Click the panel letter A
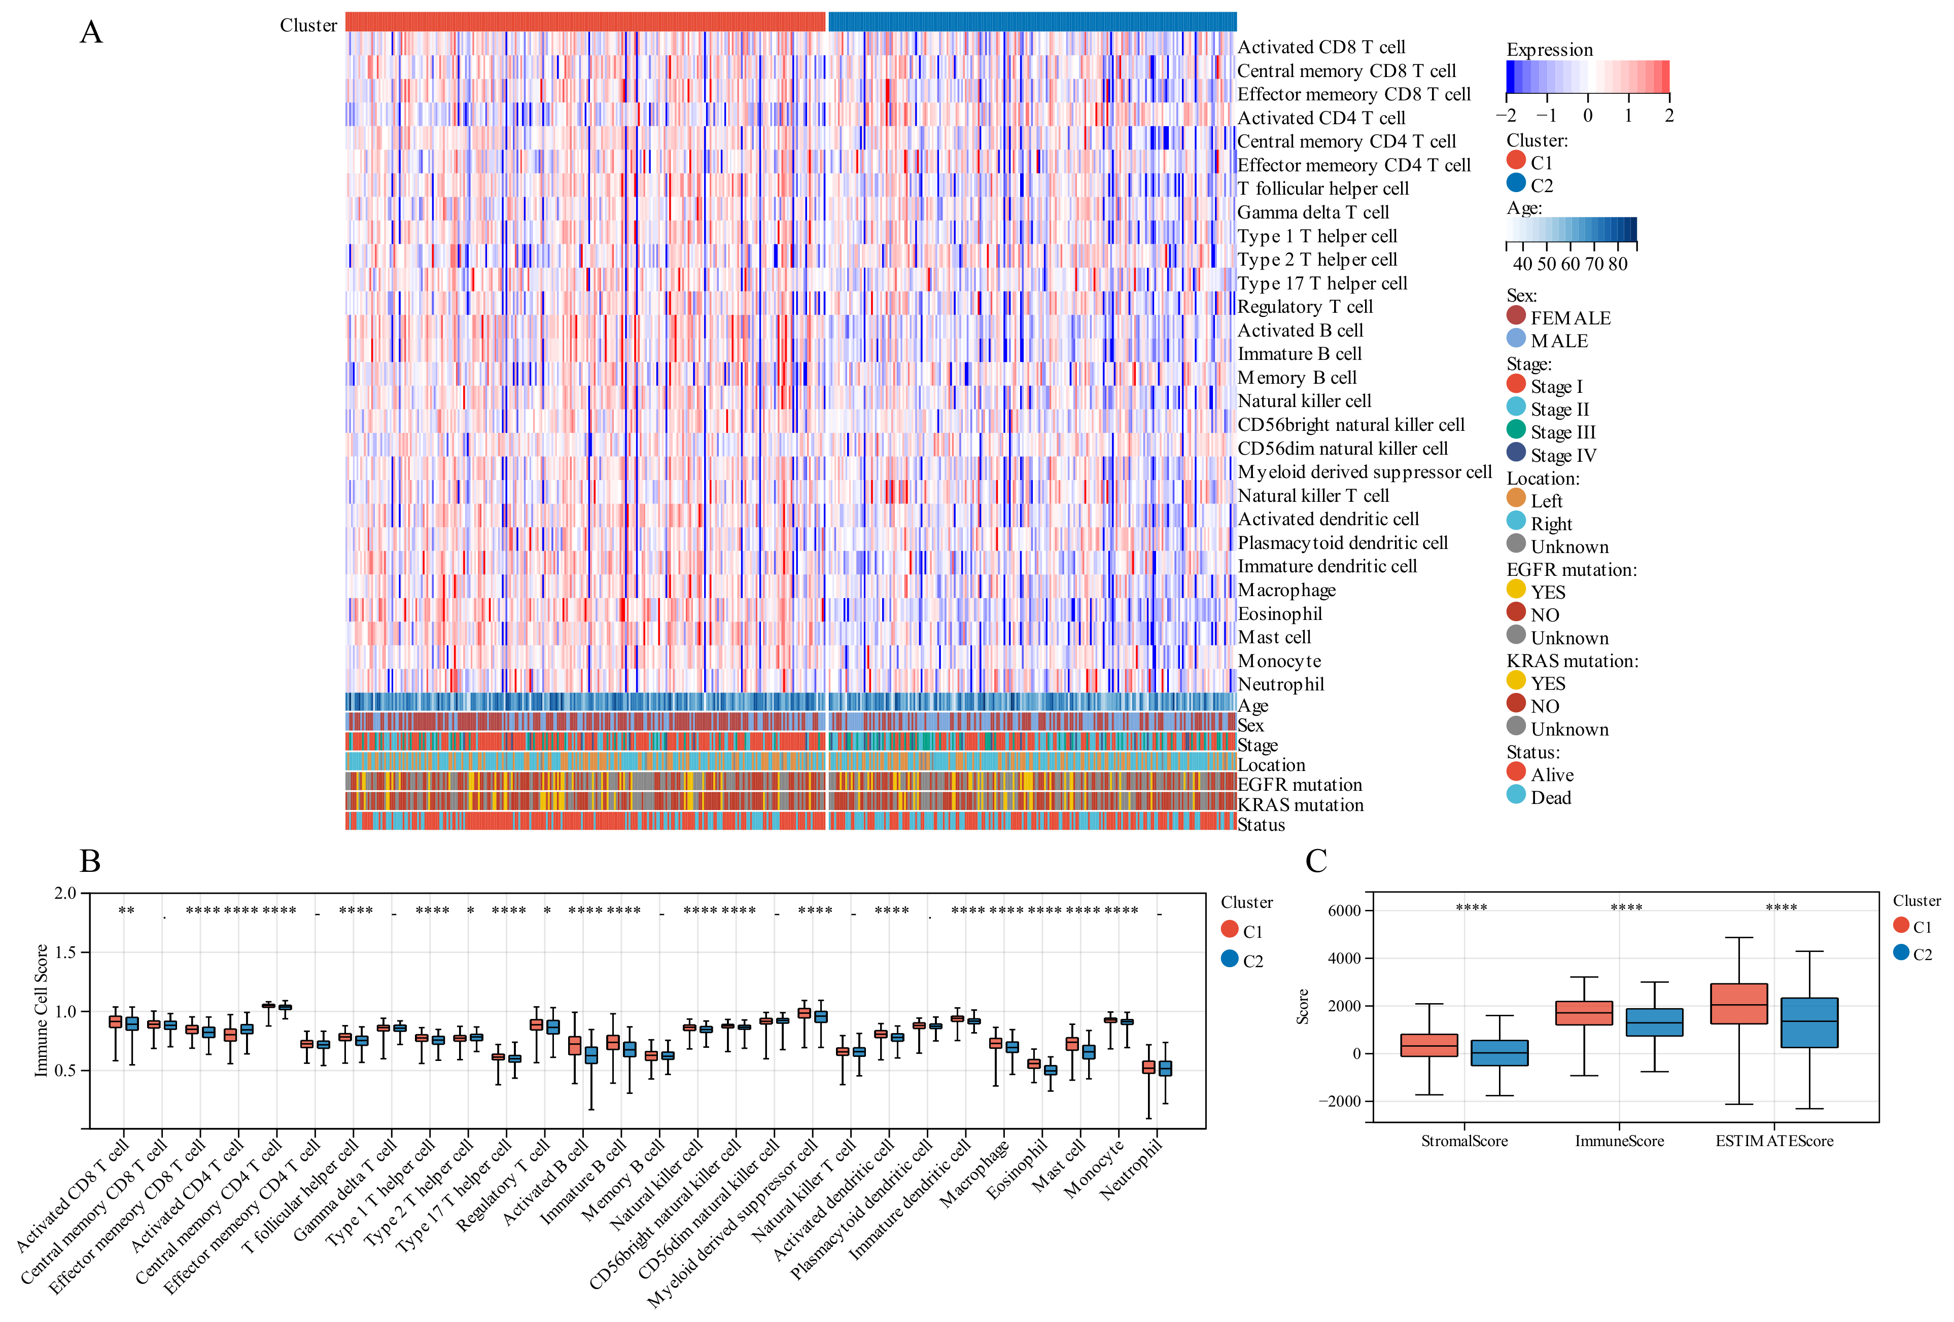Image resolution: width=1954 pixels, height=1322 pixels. point(91,33)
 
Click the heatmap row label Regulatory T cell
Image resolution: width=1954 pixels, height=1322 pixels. point(1304,307)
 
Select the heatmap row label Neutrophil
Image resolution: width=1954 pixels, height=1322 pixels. point(1280,684)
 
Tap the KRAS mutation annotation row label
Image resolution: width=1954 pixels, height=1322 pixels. point(1300,805)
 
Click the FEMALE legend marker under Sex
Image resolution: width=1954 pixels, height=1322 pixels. point(1516,316)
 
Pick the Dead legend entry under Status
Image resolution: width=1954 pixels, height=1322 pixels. point(1550,797)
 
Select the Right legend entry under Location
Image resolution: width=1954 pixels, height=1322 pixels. point(1550,524)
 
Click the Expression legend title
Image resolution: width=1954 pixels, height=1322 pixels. point(1549,50)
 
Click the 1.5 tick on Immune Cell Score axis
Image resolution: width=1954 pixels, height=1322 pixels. point(65,952)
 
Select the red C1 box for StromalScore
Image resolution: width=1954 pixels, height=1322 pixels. point(1428,1045)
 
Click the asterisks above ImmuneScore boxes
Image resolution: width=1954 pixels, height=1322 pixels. point(1626,908)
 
